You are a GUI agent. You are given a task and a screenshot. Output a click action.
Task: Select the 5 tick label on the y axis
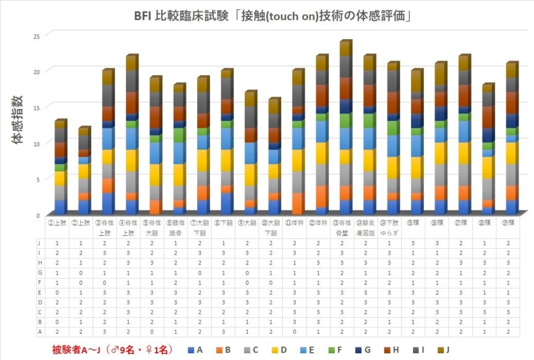(38, 179)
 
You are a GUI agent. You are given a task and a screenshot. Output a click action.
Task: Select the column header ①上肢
(58, 224)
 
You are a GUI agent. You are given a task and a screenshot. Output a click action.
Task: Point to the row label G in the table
(40, 272)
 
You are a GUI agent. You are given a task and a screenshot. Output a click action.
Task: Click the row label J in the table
(40, 243)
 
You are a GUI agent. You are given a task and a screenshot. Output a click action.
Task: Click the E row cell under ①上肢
(58, 292)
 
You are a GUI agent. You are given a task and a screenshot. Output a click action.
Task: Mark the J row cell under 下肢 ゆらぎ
(392, 243)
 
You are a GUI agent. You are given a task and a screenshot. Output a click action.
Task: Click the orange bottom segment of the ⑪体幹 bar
(298, 203)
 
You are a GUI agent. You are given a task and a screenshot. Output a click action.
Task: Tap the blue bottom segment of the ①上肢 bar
(60, 207)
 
